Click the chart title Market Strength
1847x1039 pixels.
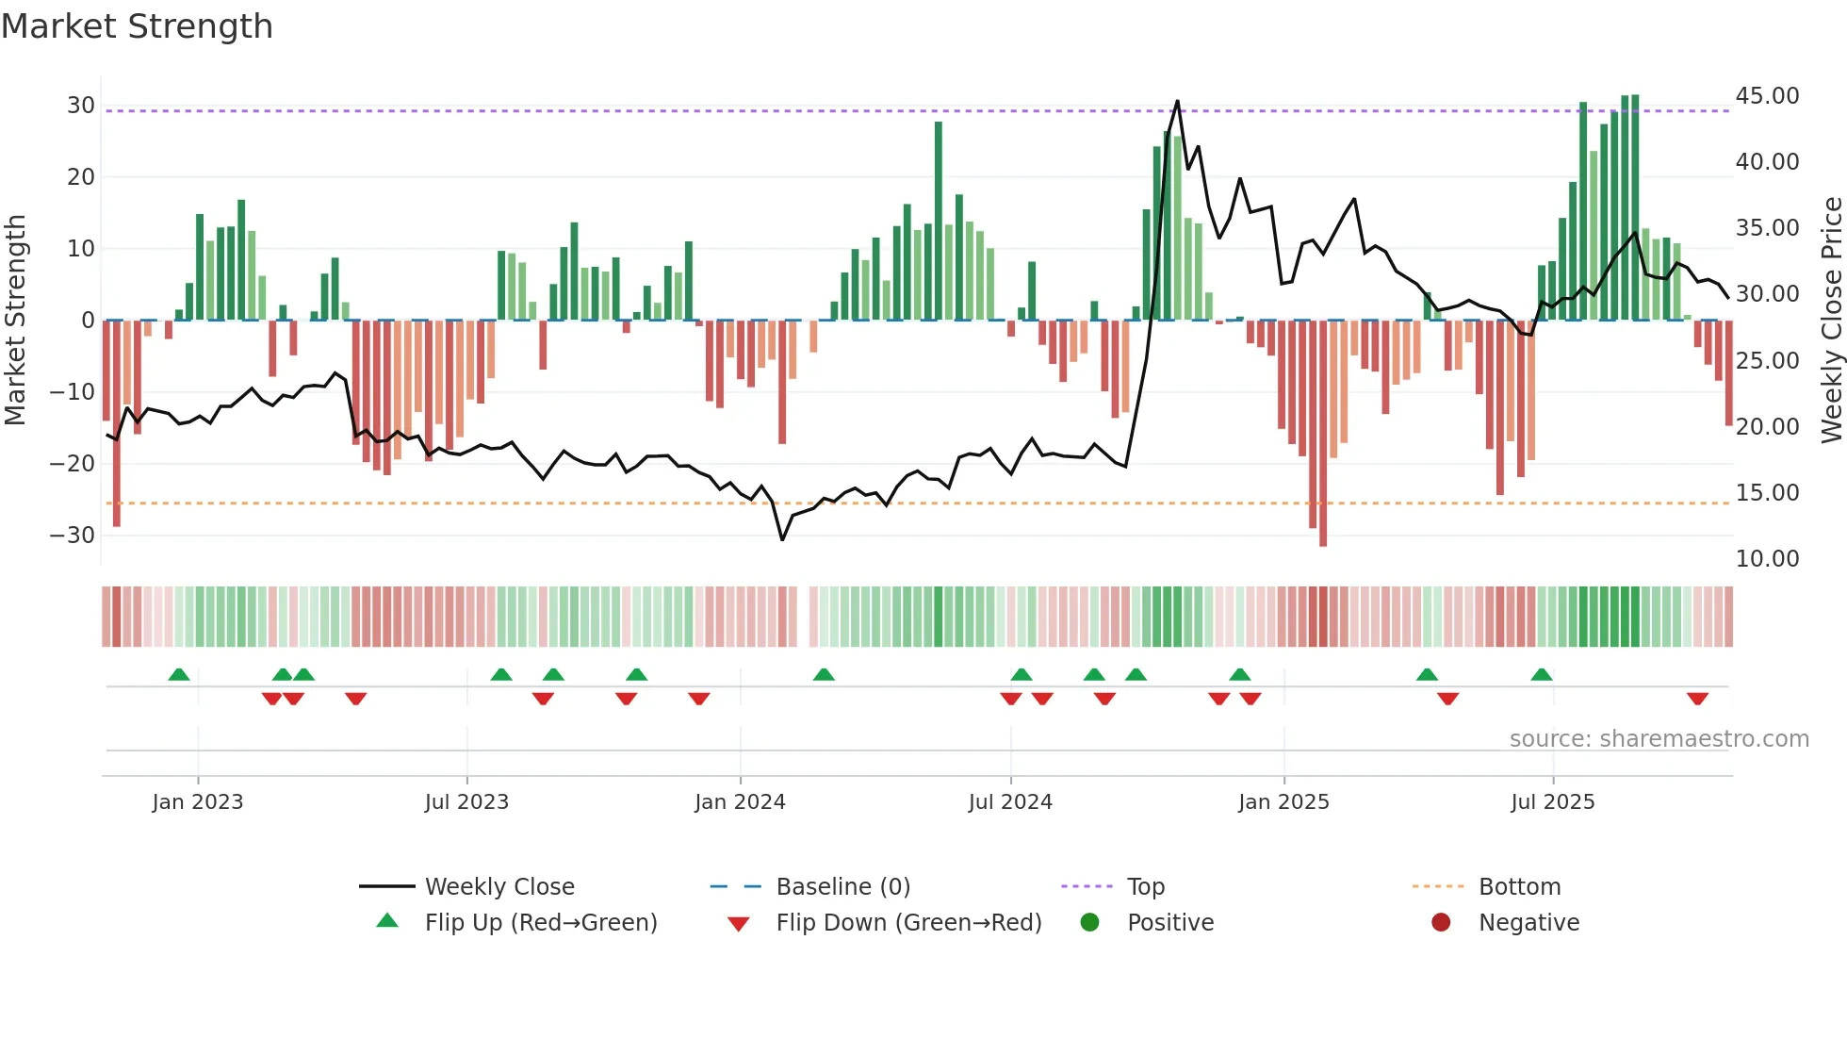(137, 26)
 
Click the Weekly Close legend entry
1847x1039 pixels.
(499, 887)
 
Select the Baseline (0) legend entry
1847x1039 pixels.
(842, 887)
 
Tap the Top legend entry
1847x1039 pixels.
(1145, 887)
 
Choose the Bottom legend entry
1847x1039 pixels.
(1519, 887)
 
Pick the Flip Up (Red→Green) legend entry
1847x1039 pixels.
(540, 923)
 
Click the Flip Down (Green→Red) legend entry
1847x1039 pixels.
(908, 923)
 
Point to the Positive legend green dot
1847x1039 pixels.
(1090, 923)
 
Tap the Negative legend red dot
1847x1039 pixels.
(1441, 923)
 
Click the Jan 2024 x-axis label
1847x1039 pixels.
(740, 802)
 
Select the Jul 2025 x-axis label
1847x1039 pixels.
(1552, 802)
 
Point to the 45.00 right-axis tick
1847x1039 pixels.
(1767, 96)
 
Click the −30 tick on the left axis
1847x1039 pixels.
(73, 536)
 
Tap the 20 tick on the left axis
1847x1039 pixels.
(81, 177)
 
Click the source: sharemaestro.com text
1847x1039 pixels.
(1659, 739)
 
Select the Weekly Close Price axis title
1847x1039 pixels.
(1831, 321)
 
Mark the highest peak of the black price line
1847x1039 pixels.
(1177, 101)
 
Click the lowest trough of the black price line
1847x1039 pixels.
(782, 539)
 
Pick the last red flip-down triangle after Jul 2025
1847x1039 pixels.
(1697, 699)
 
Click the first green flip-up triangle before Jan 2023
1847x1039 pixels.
(179, 674)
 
